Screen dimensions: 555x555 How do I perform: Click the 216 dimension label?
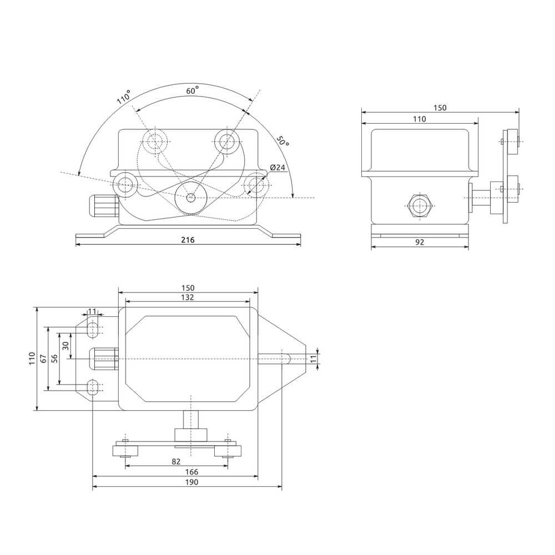tap(188, 240)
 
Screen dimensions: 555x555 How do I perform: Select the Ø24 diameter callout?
tap(277, 168)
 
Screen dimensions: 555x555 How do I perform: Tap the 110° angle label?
tap(124, 97)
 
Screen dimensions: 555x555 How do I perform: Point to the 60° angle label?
tap(192, 90)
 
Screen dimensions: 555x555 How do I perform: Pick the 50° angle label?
tap(283, 141)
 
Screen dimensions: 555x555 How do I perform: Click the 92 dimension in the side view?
tap(420, 243)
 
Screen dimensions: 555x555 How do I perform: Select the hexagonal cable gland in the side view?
tap(420, 206)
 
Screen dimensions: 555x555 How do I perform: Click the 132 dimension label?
tap(187, 297)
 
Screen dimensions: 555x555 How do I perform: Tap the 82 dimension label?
tap(176, 462)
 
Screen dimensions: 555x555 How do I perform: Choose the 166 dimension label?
tap(191, 472)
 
